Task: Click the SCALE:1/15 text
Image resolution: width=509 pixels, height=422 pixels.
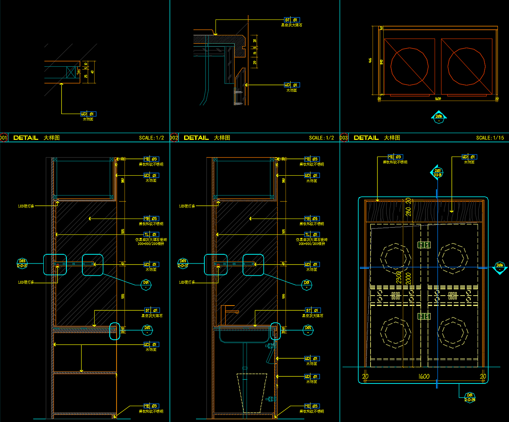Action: (x=490, y=138)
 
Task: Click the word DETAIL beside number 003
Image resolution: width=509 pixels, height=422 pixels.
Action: (x=366, y=138)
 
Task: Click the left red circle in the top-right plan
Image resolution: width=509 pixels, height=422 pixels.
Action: (x=409, y=66)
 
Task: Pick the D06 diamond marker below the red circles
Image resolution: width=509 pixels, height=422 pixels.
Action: (x=439, y=117)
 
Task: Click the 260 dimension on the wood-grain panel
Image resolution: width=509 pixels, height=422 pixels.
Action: (x=408, y=207)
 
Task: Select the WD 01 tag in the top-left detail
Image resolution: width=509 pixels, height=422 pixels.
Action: (x=88, y=114)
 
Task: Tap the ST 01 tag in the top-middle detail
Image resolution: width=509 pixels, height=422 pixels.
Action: (x=291, y=20)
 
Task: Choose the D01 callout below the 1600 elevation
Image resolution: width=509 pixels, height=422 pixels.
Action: (x=470, y=397)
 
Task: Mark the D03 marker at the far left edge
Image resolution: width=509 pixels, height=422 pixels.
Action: (x=22, y=263)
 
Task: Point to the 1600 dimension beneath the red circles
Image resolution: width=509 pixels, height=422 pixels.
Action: (x=437, y=99)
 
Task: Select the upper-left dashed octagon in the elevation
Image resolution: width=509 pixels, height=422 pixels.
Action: (x=396, y=257)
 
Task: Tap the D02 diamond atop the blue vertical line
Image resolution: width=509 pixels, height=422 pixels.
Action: (x=437, y=173)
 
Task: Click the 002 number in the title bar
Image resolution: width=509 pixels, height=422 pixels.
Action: (x=174, y=138)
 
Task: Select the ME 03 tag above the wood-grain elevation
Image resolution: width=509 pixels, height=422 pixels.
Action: (x=394, y=157)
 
